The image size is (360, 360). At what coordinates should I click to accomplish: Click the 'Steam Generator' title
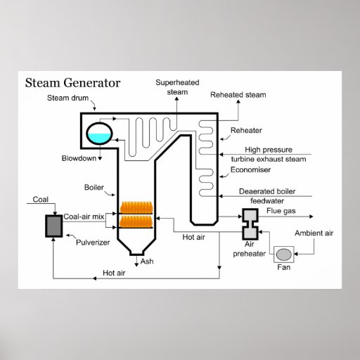coord(72,83)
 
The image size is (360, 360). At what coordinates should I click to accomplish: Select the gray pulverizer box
coord(53,226)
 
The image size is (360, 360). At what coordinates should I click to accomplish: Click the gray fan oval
coord(285,254)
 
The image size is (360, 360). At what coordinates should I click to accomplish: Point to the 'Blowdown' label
coord(79,158)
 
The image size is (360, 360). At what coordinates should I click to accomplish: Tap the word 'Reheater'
coord(247,131)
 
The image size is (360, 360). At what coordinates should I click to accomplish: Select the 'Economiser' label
coord(250,169)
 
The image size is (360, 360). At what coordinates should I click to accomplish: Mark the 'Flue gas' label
coord(281,210)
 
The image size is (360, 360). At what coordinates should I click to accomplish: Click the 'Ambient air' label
coord(314,233)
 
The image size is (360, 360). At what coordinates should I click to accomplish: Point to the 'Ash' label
coord(147,262)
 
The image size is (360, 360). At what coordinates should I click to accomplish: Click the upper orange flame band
coord(136,207)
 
